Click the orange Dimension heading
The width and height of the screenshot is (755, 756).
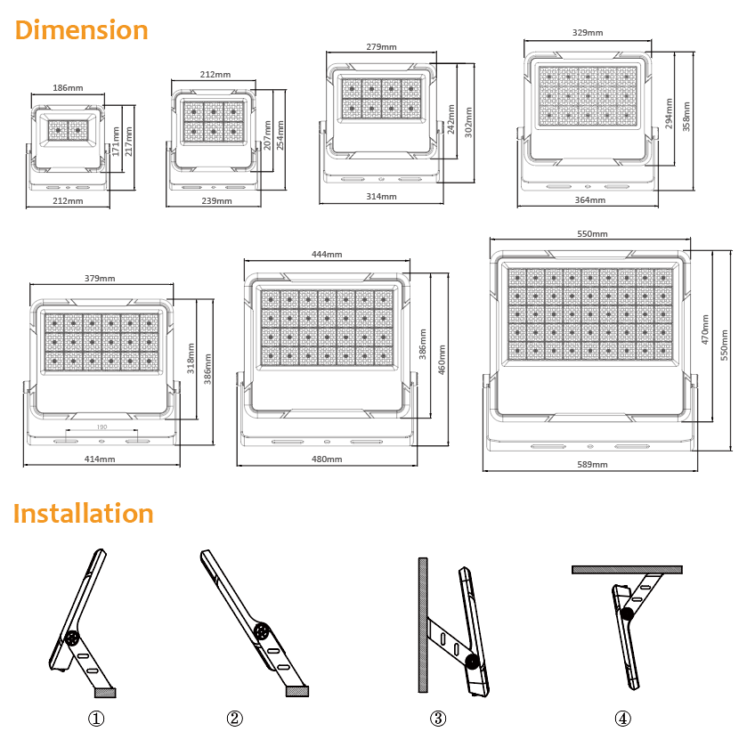point(82,30)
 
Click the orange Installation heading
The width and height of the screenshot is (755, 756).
point(84,513)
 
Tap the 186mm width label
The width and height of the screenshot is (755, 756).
point(68,88)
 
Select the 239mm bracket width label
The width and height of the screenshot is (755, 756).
point(216,200)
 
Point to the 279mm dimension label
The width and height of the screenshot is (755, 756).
point(381,47)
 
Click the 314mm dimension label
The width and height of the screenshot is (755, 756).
point(381,196)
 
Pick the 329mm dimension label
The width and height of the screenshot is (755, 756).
point(588,32)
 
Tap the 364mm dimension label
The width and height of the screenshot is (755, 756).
point(590,199)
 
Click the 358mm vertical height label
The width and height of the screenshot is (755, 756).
point(686,117)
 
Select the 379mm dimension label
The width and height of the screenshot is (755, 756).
point(100,278)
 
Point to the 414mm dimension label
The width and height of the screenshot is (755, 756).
point(100,459)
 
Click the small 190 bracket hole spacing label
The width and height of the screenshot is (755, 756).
point(101,427)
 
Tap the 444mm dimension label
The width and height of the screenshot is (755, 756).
point(327,254)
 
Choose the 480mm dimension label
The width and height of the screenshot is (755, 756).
point(327,459)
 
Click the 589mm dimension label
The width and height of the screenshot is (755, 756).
point(593,464)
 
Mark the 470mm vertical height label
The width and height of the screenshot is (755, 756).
point(705,329)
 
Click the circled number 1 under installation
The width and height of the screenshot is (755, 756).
point(96,719)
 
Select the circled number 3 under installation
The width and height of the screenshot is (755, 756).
point(438,719)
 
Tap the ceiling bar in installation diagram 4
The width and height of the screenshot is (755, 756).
point(627,570)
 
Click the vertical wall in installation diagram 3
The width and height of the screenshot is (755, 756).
point(423,625)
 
